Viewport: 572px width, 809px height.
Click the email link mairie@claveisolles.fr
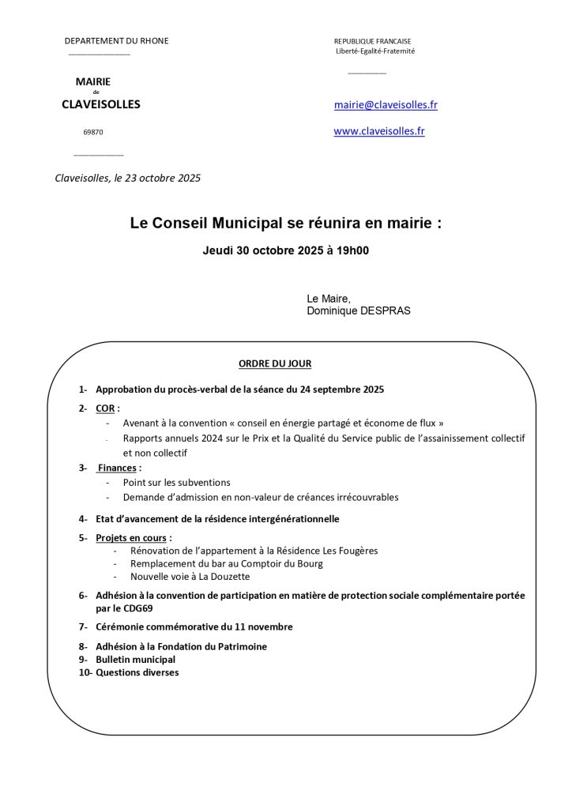click(386, 105)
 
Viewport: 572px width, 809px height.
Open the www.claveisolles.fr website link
click(379, 131)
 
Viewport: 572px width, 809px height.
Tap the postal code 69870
click(93, 132)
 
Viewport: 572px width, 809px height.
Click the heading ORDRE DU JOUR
click(275, 363)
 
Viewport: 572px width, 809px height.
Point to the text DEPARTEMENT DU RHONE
click(116, 41)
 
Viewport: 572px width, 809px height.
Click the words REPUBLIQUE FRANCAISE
click(372, 41)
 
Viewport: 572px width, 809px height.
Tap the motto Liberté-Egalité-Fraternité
click(375, 51)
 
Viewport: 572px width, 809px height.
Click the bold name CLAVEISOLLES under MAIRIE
click(101, 104)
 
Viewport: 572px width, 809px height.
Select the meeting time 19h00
click(355, 251)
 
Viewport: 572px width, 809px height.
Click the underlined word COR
click(105, 408)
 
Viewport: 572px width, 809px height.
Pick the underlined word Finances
click(117, 468)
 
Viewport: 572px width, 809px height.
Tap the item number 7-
click(83, 627)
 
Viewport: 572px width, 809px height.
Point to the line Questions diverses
click(137, 672)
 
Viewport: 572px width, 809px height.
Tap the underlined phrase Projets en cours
click(131, 537)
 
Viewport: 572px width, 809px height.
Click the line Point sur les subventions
click(177, 482)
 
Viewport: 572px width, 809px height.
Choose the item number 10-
click(85, 672)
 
